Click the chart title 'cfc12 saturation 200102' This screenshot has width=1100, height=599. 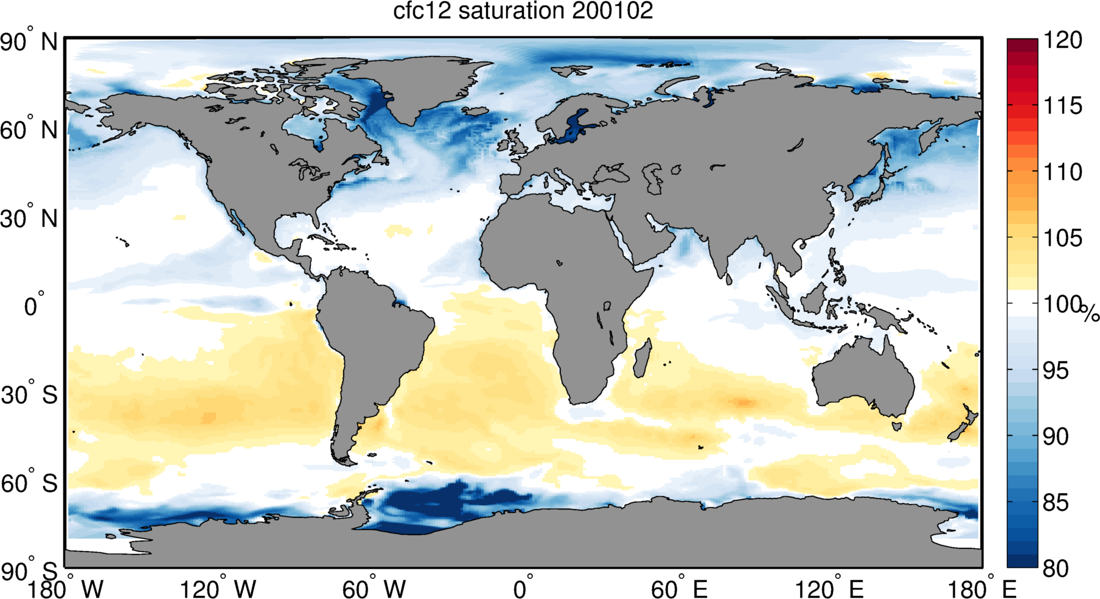coord(523,12)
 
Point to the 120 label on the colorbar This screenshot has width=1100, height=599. coord(1063,41)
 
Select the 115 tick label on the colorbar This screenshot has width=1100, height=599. coord(1063,107)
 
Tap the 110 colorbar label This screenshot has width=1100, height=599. coord(1063,172)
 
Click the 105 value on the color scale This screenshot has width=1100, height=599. coord(1063,238)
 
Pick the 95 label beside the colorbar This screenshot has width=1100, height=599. coord(1056,371)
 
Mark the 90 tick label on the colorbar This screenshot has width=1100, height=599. coord(1056,436)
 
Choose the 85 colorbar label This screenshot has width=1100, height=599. coord(1056,503)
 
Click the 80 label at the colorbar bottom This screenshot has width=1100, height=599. coord(1056,569)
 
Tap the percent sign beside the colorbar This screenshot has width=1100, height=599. coord(1090,314)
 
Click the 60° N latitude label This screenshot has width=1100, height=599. coord(29,130)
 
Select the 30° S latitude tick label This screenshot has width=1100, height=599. coord(29,395)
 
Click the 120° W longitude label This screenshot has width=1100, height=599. coord(218,589)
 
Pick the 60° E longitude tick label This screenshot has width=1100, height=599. coord(679,589)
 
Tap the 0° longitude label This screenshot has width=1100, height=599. coord(523,589)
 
